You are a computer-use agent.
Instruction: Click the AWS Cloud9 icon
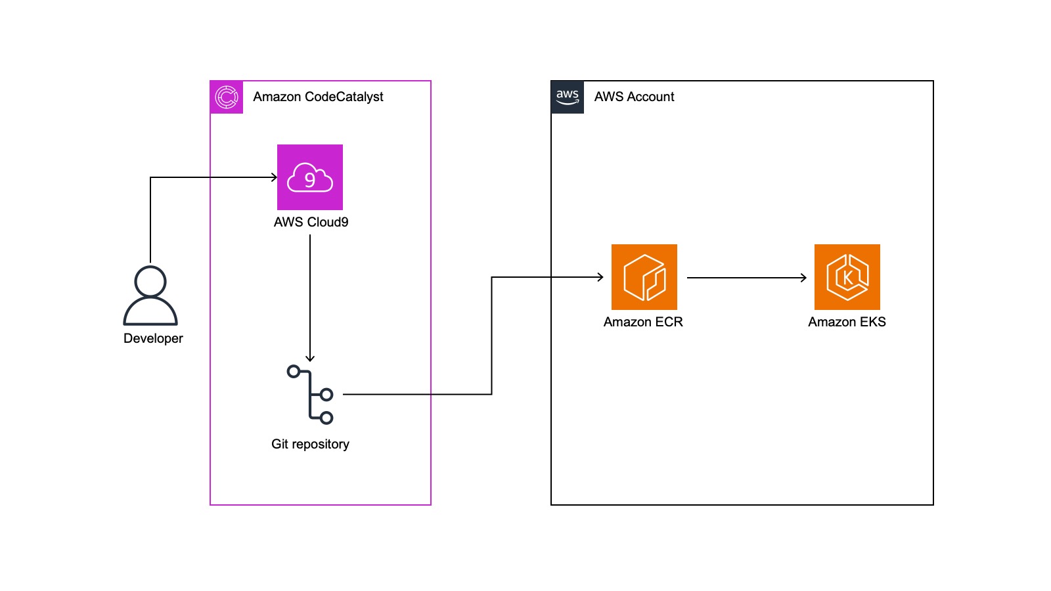coord(309,177)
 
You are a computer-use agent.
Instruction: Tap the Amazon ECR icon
coord(644,276)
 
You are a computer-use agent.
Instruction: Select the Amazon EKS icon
coord(847,276)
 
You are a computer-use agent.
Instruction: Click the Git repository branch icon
coord(310,395)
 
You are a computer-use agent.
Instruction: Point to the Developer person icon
coord(150,295)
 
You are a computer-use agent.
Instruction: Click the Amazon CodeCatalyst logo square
coord(227,97)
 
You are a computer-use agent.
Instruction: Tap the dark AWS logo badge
coord(568,97)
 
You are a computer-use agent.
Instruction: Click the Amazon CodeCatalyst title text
coord(318,97)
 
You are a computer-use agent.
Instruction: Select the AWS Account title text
coord(634,97)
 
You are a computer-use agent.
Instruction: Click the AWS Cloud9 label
coord(311,222)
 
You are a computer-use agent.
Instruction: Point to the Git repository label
coord(310,444)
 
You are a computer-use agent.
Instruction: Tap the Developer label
coord(153,338)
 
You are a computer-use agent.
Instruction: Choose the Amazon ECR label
coord(643,322)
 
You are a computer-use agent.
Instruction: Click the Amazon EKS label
coord(847,322)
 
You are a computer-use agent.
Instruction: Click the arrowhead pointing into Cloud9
coord(275,177)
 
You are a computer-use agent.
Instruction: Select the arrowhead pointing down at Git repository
coord(309,359)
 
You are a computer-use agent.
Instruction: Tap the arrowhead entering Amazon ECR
coord(600,277)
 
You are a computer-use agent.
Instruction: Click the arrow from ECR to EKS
coord(747,278)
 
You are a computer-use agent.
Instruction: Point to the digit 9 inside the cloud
coord(309,180)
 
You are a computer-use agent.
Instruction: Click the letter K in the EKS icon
coord(847,278)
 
